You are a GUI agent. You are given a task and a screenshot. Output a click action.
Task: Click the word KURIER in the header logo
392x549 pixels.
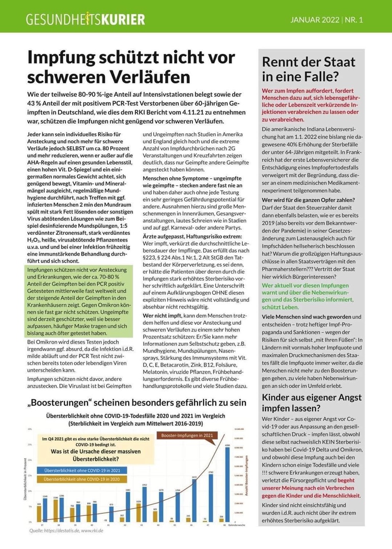123,20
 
